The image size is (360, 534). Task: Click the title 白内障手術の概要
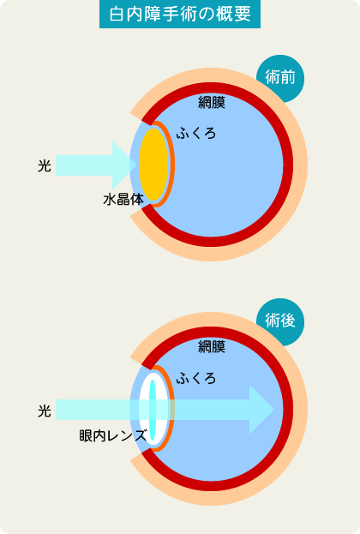(x=180, y=15)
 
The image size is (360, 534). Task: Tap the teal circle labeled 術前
(x=280, y=78)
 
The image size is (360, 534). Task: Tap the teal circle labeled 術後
(x=280, y=321)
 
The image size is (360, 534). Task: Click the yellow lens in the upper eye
(x=153, y=165)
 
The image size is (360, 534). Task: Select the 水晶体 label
(x=123, y=200)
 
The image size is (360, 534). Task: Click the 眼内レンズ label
(x=113, y=435)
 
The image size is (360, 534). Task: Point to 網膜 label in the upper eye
(x=212, y=103)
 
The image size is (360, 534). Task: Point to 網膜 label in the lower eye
(x=212, y=346)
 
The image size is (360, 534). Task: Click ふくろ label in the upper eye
(x=196, y=133)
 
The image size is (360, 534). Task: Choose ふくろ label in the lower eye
(x=196, y=378)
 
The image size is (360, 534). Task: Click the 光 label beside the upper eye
(x=45, y=165)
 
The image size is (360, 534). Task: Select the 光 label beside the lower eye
(x=45, y=411)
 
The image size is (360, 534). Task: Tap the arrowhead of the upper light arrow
(x=124, y=165)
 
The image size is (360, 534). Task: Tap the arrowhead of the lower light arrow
(x=261, y=410)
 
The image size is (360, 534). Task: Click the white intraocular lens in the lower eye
(x=153, y=409)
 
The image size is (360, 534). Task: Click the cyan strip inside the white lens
(x=153, y=410)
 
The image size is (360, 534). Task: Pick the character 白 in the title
(x=117, y=15)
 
